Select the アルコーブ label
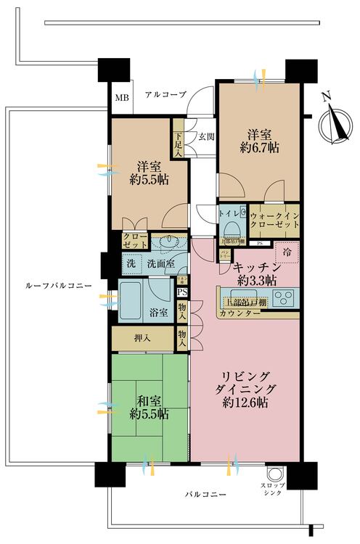pos(165,95)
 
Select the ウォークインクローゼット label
pos(274,220)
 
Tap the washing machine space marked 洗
pos(131,264)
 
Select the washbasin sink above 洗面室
pos(173,242)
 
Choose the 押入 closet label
pos(142,338)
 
